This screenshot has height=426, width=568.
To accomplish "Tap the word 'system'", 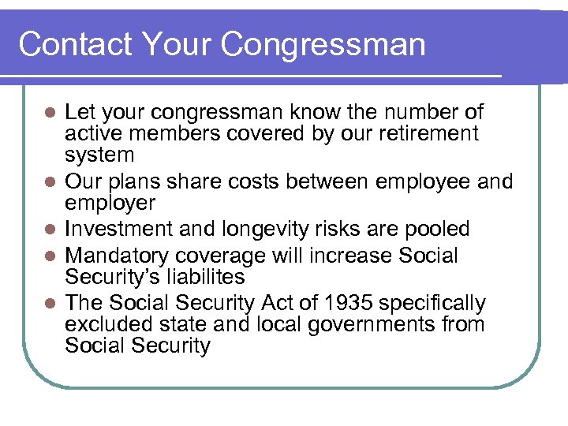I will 100,155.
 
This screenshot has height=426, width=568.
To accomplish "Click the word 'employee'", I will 410,181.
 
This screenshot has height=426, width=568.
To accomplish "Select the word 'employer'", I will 110,204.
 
